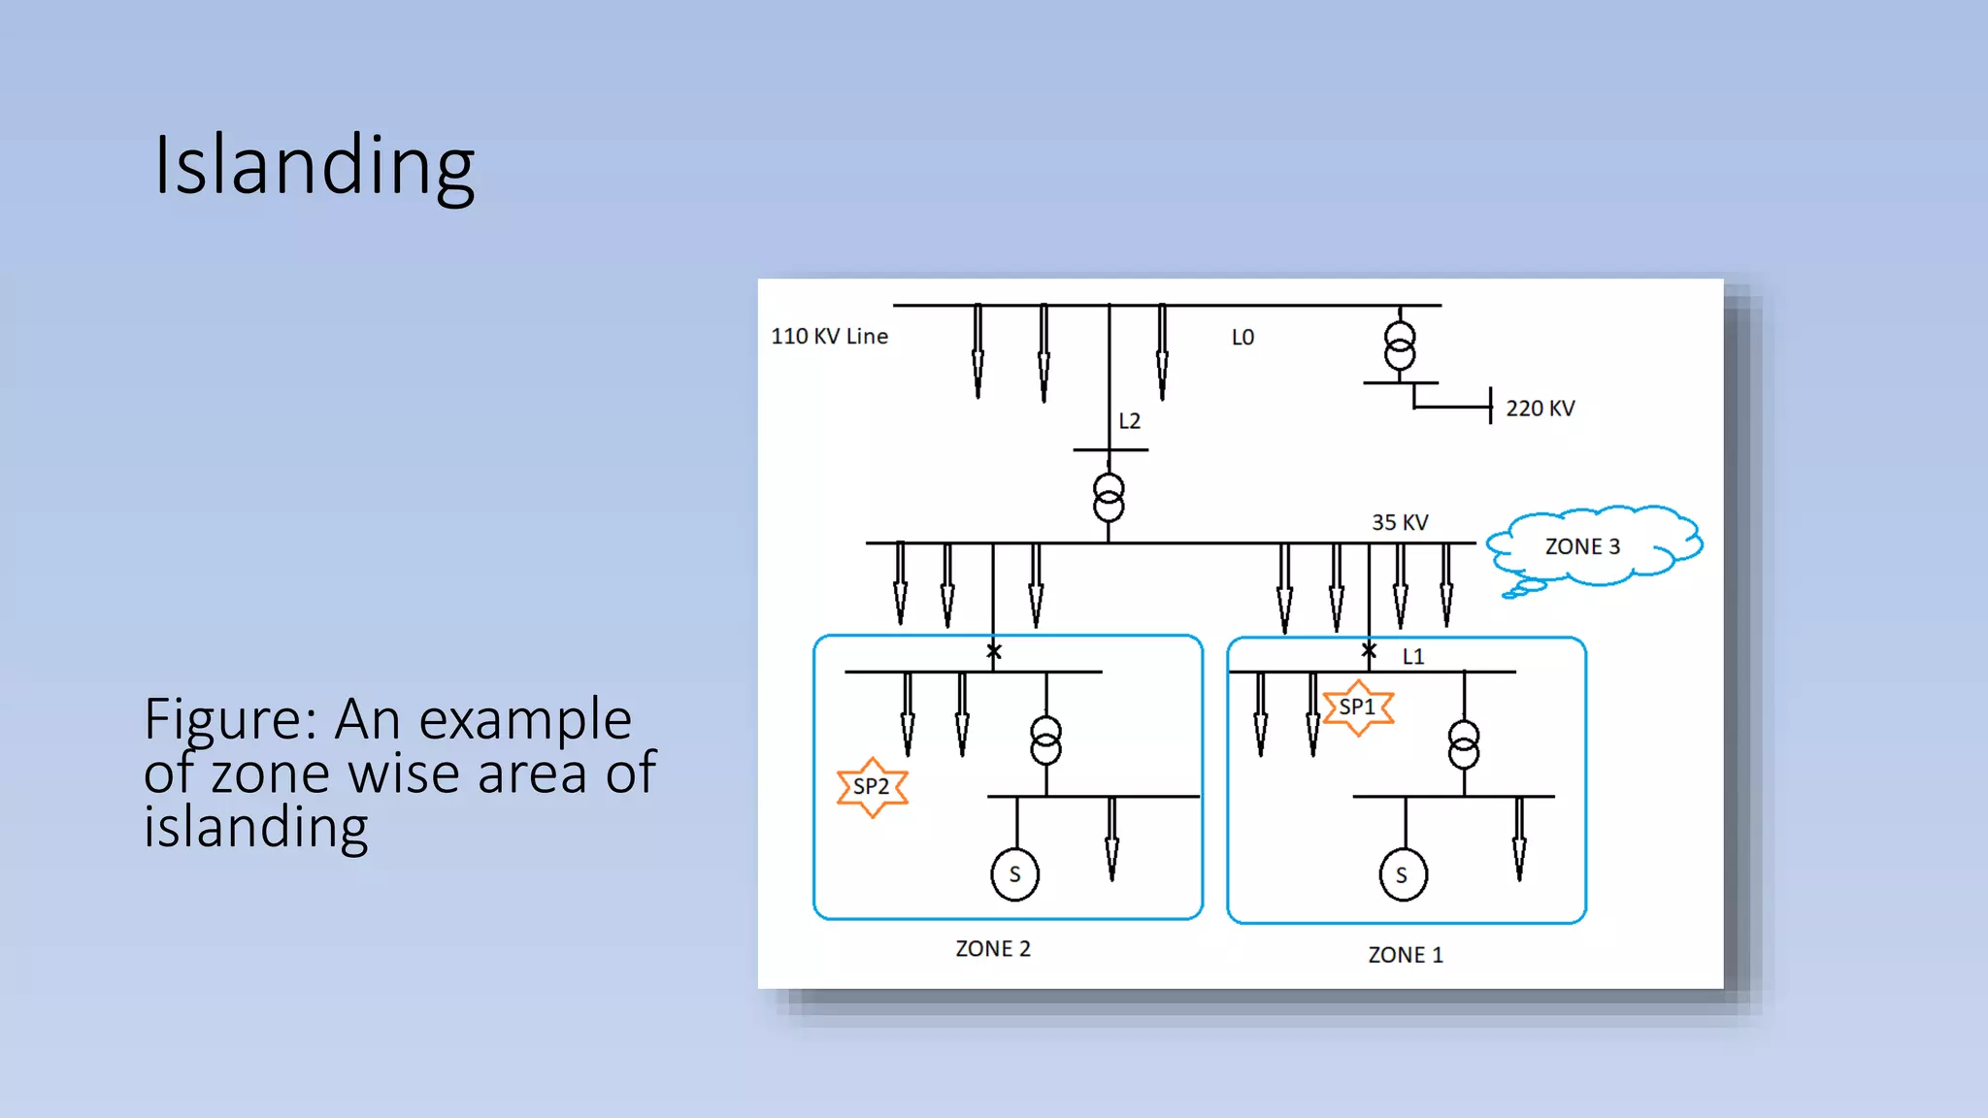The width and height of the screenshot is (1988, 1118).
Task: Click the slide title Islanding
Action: (x=315, y=165)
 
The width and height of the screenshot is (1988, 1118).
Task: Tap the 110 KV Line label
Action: (x=829, y=337)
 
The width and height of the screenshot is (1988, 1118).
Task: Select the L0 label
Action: (x=1242, y=338)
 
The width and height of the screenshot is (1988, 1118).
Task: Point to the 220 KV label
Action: (x=1540, y=409)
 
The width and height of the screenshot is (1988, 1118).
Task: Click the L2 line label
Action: (x=1129, y=421)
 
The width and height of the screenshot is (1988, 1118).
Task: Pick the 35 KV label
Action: (x=1400, y=522)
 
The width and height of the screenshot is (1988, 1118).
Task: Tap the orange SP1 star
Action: (x=1357, y=707)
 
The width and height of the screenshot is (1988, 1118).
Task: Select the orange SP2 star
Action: (x=872, y=787)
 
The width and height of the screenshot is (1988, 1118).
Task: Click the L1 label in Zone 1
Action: (x=1413, y=657)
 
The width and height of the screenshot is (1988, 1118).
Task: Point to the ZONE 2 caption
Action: (x=993, y=949)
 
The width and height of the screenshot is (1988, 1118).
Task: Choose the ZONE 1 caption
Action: (x=1406, y=955)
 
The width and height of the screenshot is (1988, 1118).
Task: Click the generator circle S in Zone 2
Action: (x=1015, y=874)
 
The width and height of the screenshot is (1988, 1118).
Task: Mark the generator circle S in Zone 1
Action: (x=1403, y=875)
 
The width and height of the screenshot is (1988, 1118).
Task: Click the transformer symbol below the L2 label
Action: (x=1109, y=497)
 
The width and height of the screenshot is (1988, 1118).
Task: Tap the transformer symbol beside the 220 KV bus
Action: (x=1400, y=345)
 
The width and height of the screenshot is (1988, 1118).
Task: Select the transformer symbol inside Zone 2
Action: (x=1045, y=740)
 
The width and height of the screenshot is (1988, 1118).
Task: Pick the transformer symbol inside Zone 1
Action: (x=1464, y=744)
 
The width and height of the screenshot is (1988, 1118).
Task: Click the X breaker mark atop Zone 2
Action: (x=994, y=652)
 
